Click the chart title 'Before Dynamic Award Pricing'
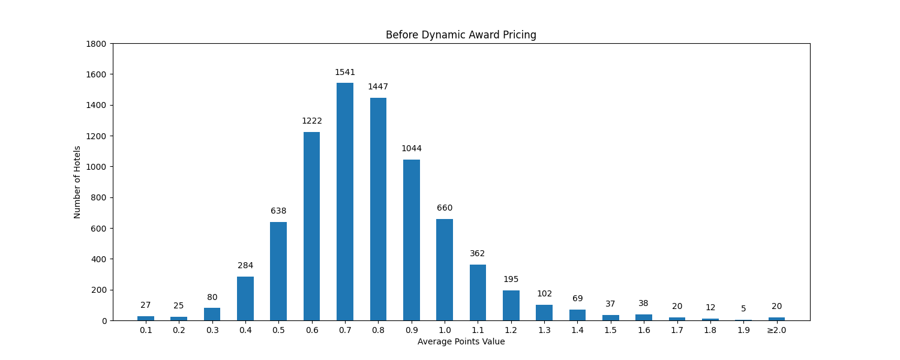click(x=461, y=35)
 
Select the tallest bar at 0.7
click(x=345, y=202)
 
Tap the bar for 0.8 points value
click(x=378, y=209)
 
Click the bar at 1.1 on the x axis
click(x=478, y=292)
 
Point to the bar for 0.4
click(x=245, y=298)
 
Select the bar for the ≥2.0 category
click(x=776, y=319)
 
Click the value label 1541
click(x=345, y=73)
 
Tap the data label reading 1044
click(x=412, y=149)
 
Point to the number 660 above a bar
click(x=445, y=208)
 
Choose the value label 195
click(x=511, y=280)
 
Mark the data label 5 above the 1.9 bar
click(x=743, y=309)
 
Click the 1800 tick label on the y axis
click(x=96, y=44)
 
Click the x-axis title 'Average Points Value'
click(x=461, y=342)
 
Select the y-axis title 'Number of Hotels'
click(x=77, y=182)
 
